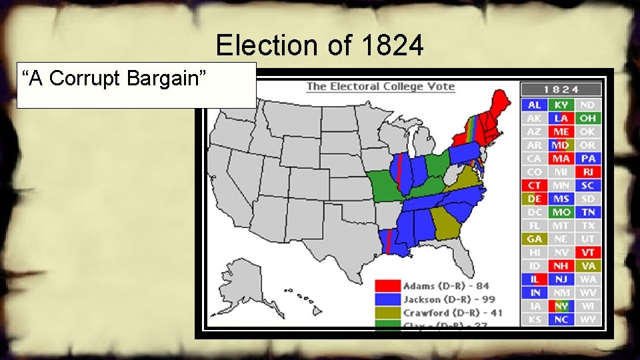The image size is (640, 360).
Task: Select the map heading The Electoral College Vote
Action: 380,86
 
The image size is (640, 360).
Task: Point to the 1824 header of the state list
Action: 561,89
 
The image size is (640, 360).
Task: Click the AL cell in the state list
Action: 535,105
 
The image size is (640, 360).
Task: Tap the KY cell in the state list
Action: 561,105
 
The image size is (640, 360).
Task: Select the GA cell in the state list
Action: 535,239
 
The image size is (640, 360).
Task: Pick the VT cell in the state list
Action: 587,253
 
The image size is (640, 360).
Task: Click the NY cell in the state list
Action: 561,306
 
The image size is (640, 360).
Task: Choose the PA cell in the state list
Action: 587,159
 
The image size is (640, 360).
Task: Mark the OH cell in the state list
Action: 587,119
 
